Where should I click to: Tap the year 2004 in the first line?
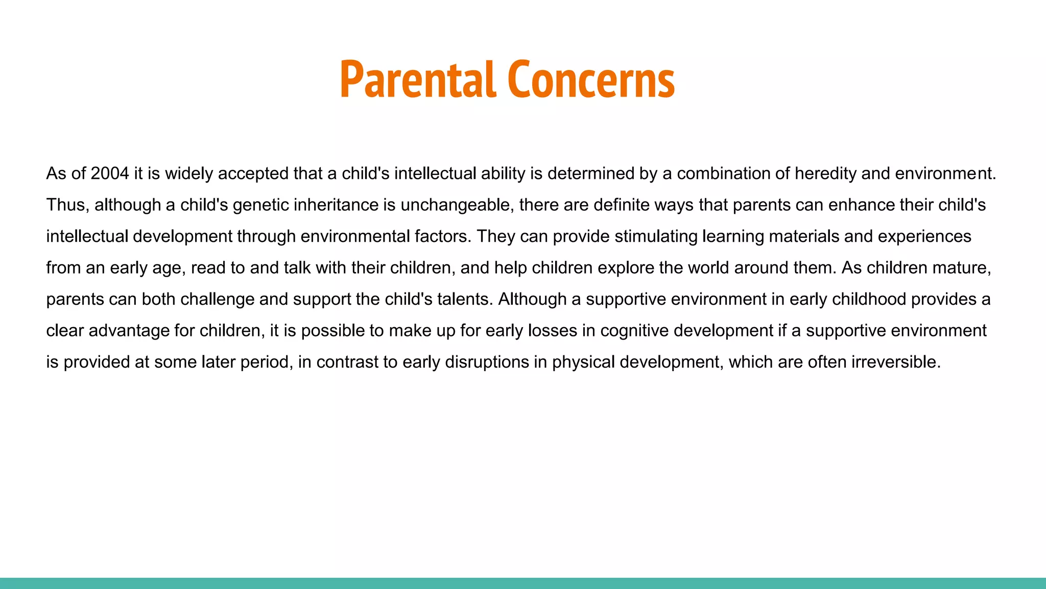pos(109,174)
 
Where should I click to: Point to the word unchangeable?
pos(455,205)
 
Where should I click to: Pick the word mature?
pos(964,268)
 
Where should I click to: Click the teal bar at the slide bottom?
pos(523,583)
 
